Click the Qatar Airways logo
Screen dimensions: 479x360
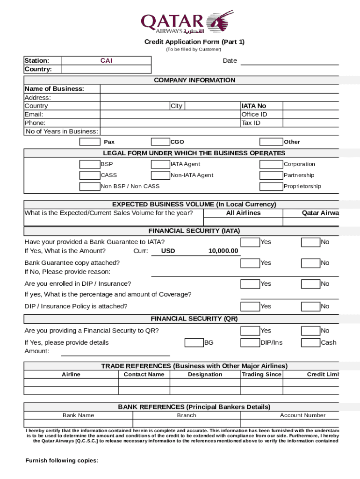[187, 22]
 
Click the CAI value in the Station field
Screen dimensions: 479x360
[106, 61]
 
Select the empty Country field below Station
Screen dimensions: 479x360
[106, 69]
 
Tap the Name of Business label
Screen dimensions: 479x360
[54, 89]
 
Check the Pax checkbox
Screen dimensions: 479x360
[89, 142]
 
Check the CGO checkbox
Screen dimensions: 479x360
[160, 142]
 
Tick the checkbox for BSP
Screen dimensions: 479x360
[89, 164]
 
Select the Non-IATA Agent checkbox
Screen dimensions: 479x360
[160, 175]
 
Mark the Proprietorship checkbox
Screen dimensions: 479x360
[271, 186]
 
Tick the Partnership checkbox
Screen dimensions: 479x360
[271, 175]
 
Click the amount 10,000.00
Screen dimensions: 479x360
[223, 251]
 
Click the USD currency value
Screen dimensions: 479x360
[168, 251]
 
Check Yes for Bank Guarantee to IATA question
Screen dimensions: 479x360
[250, 242]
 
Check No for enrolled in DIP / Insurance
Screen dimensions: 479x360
[310, 284]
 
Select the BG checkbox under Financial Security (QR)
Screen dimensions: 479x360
[194, 342]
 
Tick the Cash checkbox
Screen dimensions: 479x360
[310, 342]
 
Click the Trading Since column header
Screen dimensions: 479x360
[261, 374]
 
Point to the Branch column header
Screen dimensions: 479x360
[187, 415]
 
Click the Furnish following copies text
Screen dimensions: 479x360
[62, 461]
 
